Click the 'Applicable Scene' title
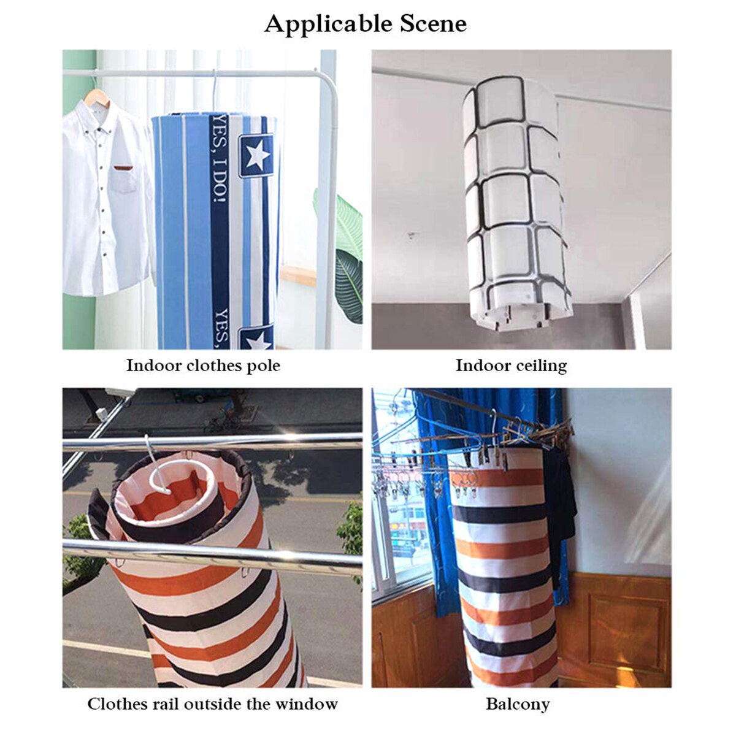pyautogui.click(x=366, y=24)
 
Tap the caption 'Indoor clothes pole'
pyautogui.click(x=203, y=366)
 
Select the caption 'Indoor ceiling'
pyautogui.click(x=511, y=366)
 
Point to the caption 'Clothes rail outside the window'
pyautogui.click(x=212, y=703)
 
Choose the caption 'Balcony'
pyautogui.click(x=517, y=703)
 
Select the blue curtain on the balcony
pyautogui.click(x=429, y=442)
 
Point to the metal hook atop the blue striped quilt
pyautogui.click(x=214, y=92)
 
